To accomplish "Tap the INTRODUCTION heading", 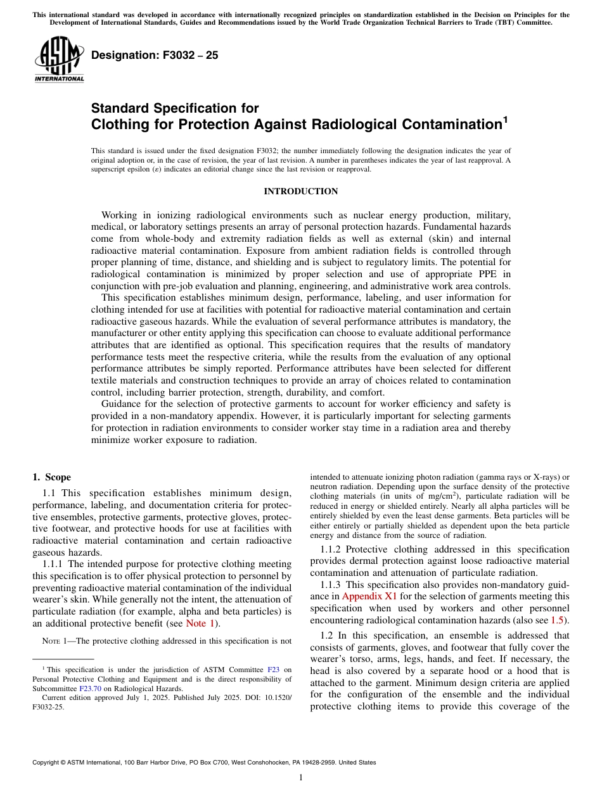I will click(300, 191).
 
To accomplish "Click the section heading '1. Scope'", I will click(51, 477).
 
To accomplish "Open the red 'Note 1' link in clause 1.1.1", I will click(200, 623).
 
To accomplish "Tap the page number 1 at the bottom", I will click(301, 778).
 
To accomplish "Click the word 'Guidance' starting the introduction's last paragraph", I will click(122, 403).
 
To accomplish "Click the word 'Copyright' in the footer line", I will click(48, 763).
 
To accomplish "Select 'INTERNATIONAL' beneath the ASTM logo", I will click(59, 79).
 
